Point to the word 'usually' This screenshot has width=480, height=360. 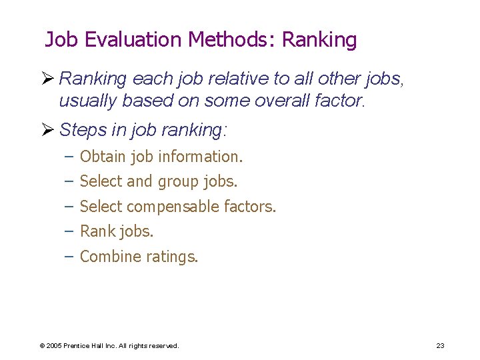coord(83,101)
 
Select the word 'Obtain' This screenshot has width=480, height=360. coord(103,157)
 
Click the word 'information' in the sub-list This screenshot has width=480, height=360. coord(200,157)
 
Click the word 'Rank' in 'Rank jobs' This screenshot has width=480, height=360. coord(96,231)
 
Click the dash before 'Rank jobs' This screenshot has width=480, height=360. coord(69,231)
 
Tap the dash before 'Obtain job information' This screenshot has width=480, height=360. coord(69,157)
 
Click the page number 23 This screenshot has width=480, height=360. coord(440,345)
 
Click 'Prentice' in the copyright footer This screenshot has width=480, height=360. coord(78,345)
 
